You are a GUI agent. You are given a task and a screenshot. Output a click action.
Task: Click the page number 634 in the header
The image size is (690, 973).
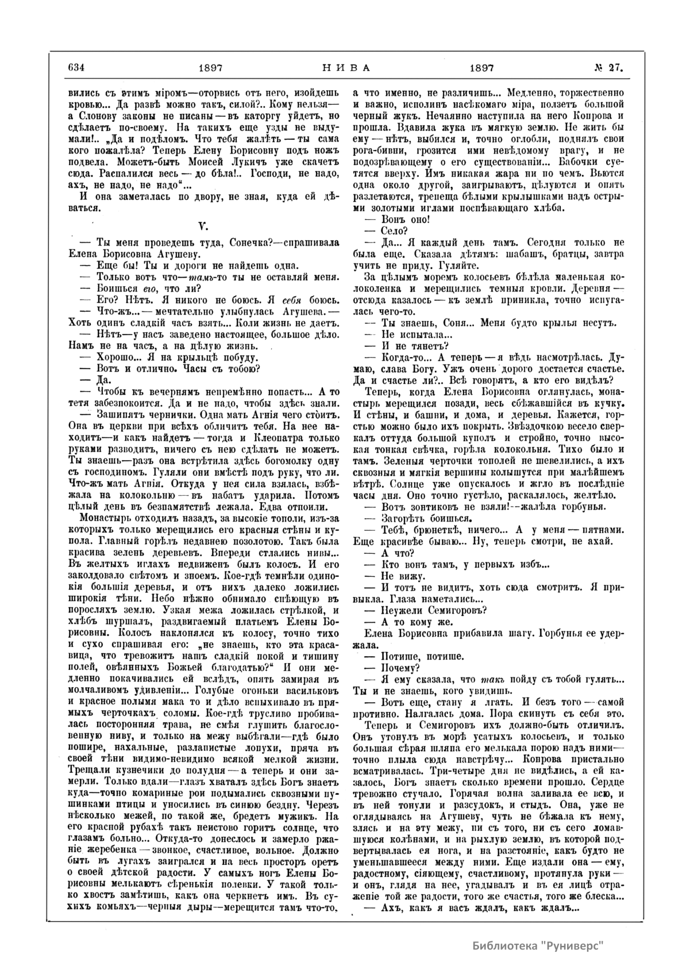(x=76, y=67)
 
